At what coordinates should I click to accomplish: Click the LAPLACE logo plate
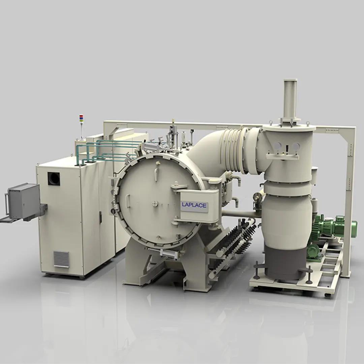[x=194, y=205]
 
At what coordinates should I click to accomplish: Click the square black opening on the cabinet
[x=54, y=179]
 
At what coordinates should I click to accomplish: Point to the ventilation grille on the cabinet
[x=61, y=259]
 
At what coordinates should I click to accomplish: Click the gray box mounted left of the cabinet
[x=24, y=201]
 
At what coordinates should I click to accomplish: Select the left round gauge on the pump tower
[x=277, y=146]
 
